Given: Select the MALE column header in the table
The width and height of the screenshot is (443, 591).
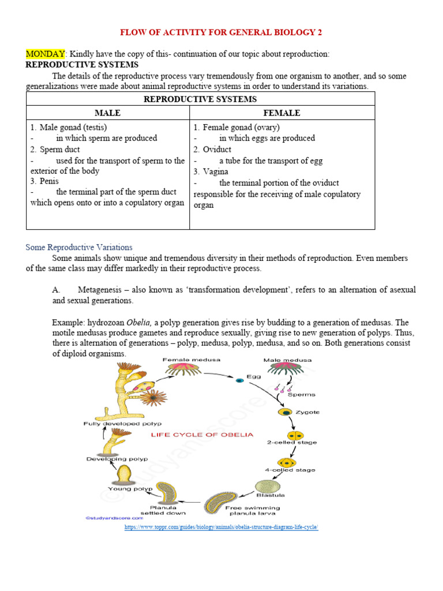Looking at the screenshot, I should tap(107, 113).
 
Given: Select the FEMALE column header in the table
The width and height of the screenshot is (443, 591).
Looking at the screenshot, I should tap(281, 113).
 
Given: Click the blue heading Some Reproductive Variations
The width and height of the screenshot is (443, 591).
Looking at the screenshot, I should tap(79, 247).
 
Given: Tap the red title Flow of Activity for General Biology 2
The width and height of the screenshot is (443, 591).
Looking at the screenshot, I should tap(224, 32).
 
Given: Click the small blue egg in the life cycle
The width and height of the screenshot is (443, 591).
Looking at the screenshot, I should tap(238, 380).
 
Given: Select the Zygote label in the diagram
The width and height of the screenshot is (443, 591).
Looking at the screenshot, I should tap(308, 412).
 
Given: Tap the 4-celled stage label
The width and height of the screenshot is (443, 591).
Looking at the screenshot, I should tap(290, 470).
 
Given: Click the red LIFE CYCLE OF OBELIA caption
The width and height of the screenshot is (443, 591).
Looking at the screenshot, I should tap(202, 434).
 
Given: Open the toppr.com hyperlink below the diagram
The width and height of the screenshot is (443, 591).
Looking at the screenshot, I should tap(221, 528).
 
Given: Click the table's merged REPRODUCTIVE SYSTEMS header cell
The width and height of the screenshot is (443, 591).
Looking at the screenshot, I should tap(200, 99).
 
